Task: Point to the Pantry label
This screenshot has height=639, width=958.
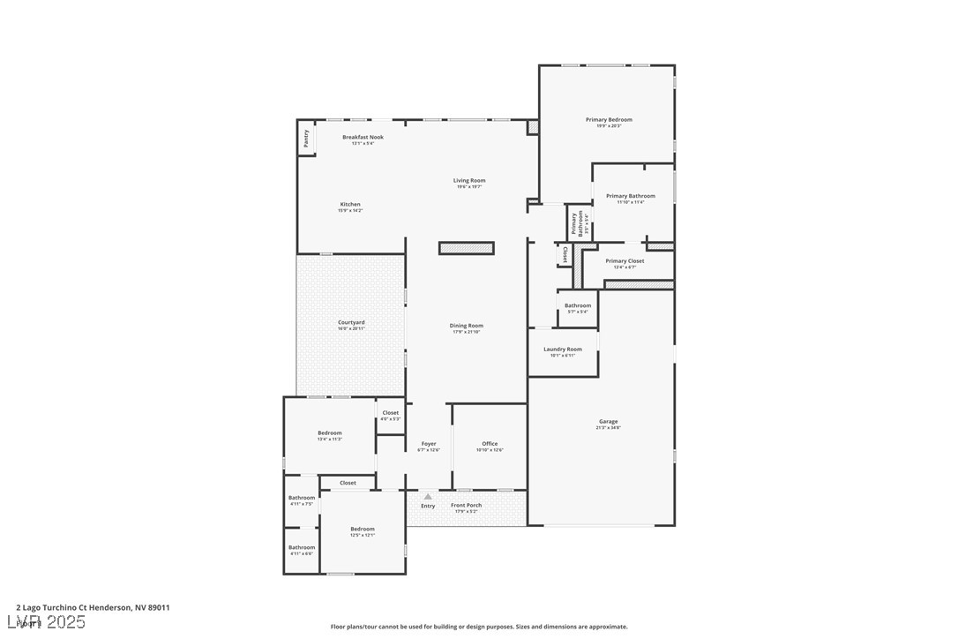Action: click(306, 139)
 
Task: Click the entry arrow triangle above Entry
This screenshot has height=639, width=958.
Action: click(428, 497)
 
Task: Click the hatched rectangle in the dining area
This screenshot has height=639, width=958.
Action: click(467, 248)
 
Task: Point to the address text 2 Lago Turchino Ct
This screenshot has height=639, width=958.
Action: click(93, 607)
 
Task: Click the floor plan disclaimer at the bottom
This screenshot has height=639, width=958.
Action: click(479, 627)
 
